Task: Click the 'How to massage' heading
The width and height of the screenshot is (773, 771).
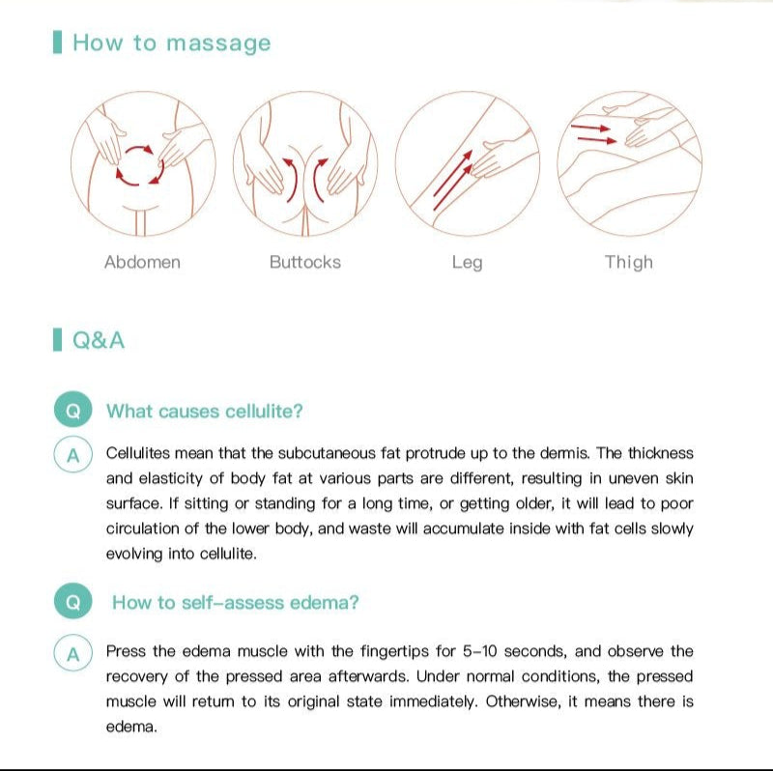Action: pyautogui.click(x=172, y=43)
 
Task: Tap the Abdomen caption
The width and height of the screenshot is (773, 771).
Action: pyautogui.click(x=142, y=262)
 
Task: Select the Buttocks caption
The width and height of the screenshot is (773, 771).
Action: pyautogui.click(x=305, y=262)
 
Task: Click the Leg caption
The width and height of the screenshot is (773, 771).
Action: pyautogui.click(x=467, y=263)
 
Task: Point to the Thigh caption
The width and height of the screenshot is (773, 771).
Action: pyautogui.click(x=629, y=263)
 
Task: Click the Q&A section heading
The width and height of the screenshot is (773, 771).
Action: pyautogui.click(x=99, y=341)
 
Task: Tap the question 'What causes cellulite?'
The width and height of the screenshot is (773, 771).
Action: pyautogui.click(x=205, y=412)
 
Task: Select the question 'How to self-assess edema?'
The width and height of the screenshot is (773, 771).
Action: pyautogui.click(x=236, y=603)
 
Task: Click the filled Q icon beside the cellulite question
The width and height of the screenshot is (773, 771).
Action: pyautogui.click(x=73, y=410)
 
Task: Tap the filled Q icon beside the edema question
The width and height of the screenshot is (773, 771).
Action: pyautogui.click(x=73, y=601)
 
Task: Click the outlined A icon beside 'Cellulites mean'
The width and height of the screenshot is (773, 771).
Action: pyautogui.click(x=73, y=454)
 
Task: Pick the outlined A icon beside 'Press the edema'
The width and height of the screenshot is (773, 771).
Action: pyautogui.click(x=73, y=653)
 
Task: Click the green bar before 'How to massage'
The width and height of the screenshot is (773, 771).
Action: pyautogui.click(x=57, y=42)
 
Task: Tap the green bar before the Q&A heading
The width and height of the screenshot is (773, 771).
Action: pyautogui.click(x=57, y=340)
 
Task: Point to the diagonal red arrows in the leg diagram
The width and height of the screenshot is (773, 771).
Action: pyautogui.click(x=452, y=181)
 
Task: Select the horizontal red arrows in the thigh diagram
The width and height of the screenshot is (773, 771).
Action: pyautogui.click(x=593, y=134)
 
